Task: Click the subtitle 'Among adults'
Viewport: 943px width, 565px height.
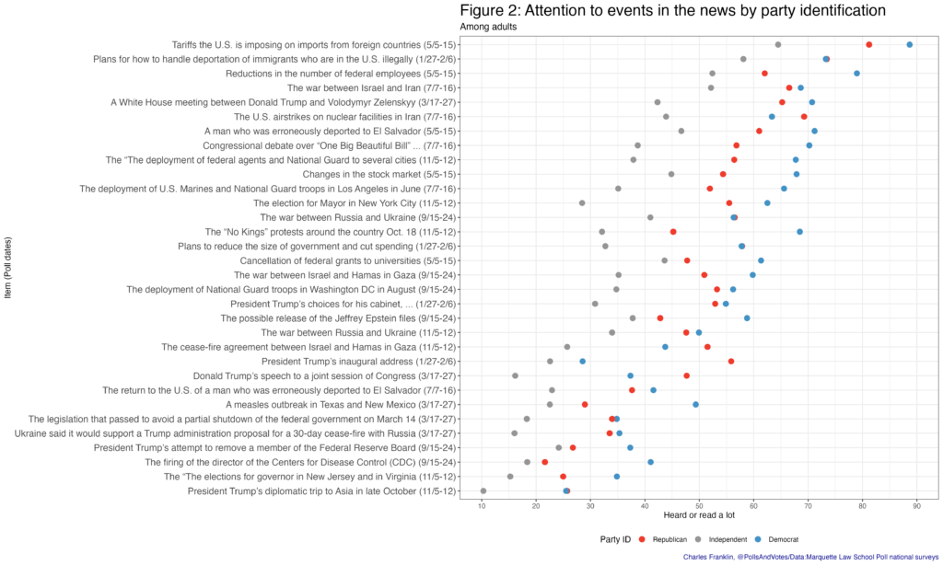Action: pos(489,27)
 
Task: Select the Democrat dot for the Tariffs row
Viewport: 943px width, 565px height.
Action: pos(910,44)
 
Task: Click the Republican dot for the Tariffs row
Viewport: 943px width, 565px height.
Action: pos(869,44)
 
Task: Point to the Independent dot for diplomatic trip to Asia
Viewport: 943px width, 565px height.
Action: pos(483,491)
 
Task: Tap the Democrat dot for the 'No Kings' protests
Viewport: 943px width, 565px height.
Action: pos(799,232)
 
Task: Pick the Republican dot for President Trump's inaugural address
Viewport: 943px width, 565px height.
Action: pos(731,362)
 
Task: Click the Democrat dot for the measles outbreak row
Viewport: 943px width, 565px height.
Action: pos(695,404)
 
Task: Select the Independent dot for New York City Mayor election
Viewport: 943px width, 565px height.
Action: pos(582,203)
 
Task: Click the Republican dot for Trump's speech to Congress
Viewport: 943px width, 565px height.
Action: pos(686,375)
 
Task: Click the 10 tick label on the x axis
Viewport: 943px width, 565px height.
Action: pos(483,504)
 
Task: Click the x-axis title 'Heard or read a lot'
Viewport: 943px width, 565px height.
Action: pos(699,515)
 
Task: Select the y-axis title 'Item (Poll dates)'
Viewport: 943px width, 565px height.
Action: pos(8,268)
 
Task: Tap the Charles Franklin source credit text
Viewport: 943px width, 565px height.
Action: pos(811,557)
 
